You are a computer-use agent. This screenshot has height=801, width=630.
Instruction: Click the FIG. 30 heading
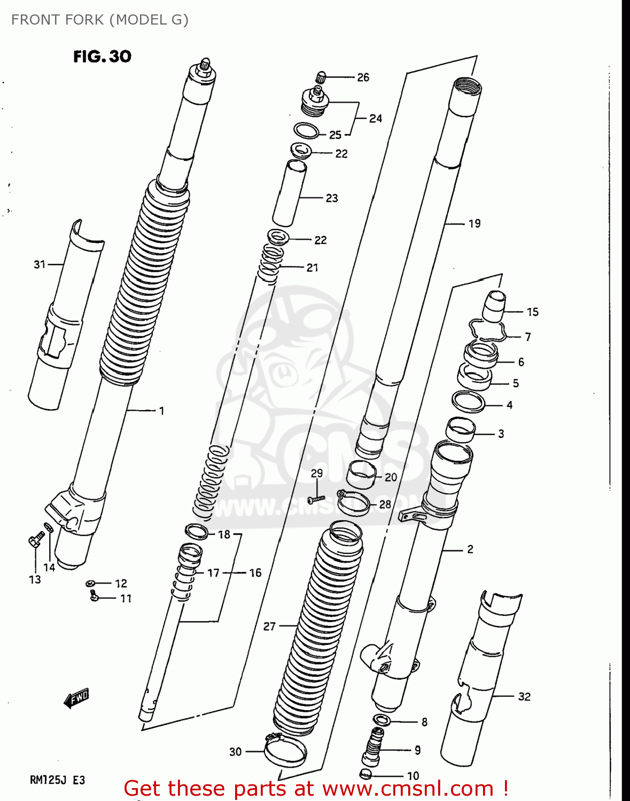click(102, 56)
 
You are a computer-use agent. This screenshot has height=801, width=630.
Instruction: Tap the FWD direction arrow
click(76, 698)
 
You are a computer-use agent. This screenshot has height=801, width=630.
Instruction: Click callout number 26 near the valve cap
click(363, 77)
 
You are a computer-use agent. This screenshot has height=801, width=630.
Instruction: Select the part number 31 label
click(40, 264)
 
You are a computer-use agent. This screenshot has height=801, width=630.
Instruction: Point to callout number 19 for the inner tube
click(475, 224)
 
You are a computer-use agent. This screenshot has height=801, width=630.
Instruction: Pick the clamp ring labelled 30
click(285, 751)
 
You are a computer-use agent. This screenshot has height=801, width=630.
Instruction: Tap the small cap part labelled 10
click(365, 773)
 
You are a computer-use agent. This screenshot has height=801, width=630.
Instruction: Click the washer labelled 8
click(381, 720)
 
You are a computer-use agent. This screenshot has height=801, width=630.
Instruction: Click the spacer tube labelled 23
click(290, 193)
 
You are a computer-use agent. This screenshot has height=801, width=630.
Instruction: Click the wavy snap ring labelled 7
click(487, 330)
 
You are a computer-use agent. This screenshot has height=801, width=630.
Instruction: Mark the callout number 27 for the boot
click(269, 626)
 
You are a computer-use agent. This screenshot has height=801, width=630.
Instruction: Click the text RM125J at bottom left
click(48, 780)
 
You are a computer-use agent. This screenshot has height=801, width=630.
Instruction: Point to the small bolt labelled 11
click(95, 596)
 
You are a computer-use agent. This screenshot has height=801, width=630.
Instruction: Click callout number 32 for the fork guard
click(524, 696)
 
